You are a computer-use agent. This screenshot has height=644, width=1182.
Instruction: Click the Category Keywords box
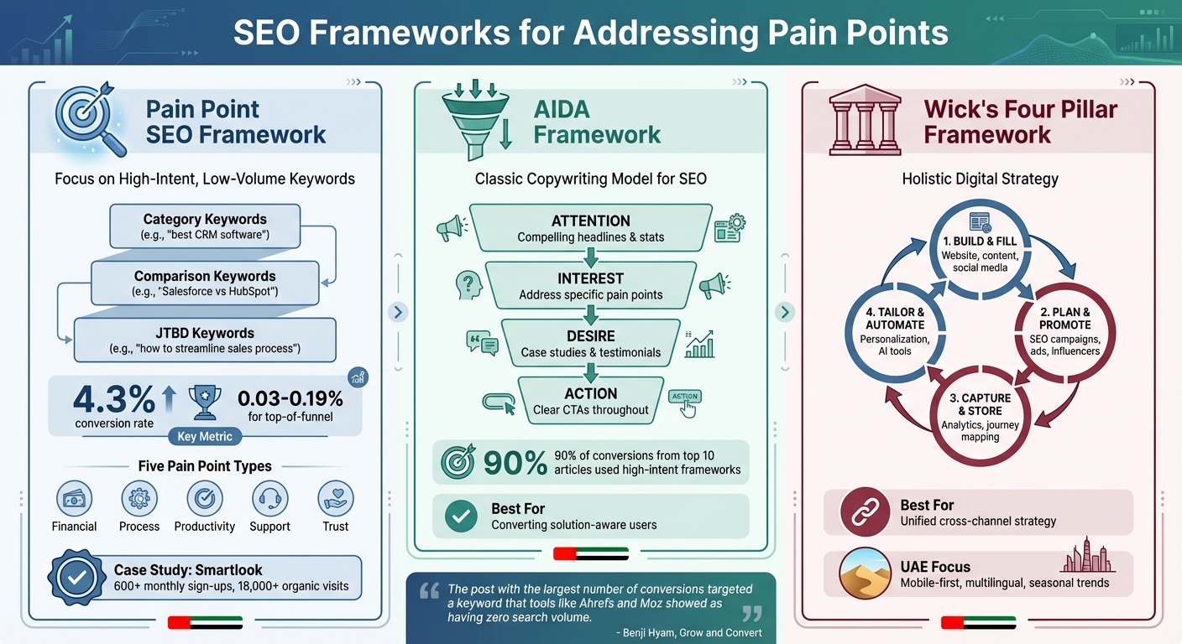(x=205, y=226)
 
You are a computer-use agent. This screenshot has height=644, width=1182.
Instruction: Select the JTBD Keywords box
(x=205, y=340)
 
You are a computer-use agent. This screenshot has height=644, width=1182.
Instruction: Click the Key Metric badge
(x=205, y=436)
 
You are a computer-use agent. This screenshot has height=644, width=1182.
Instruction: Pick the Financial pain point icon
(x=74, y=499)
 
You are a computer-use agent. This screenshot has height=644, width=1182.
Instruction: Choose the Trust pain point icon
(x=335, y=499)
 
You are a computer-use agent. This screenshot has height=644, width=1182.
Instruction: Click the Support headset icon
(x=269, y=499)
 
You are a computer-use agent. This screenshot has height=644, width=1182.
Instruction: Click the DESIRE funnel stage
(x=590, y=343)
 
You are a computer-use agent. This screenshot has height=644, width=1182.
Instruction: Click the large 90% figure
(x=514, y=462)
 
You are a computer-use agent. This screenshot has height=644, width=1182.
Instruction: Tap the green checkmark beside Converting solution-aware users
(x=459, y=517)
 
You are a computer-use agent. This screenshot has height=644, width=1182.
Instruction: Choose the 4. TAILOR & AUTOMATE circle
(x=895, y=331)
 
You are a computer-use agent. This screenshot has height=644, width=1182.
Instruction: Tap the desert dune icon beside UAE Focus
(x=865, y=574)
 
